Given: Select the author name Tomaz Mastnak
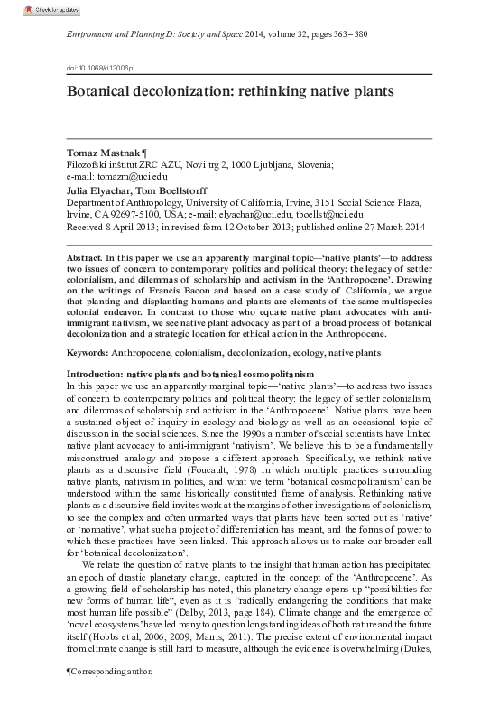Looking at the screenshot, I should (x=105, y=152).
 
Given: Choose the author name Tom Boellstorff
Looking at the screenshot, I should (x=180, y=191).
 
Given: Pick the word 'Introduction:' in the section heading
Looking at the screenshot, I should (x=96, y=373).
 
